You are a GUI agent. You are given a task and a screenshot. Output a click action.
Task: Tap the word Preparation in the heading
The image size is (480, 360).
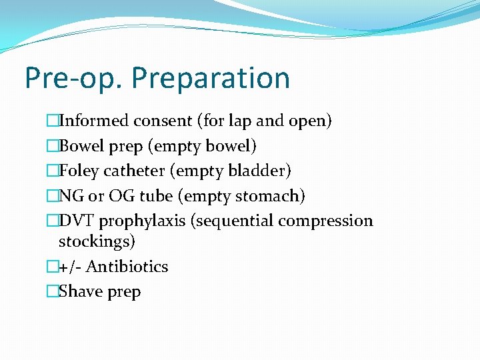[211, 78]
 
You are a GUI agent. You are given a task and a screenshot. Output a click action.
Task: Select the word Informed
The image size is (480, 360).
[93, 121]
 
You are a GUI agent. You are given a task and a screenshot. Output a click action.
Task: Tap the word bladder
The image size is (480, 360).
[261, 171]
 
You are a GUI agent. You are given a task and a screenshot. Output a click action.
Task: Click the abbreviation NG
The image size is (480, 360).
[69, 196]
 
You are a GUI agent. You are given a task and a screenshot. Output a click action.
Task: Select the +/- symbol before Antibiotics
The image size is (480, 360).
[69, 267]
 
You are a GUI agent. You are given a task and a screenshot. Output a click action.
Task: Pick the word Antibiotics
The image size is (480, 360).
[127, 267]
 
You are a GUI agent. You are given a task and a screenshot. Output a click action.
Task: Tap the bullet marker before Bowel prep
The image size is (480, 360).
[53, 146]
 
